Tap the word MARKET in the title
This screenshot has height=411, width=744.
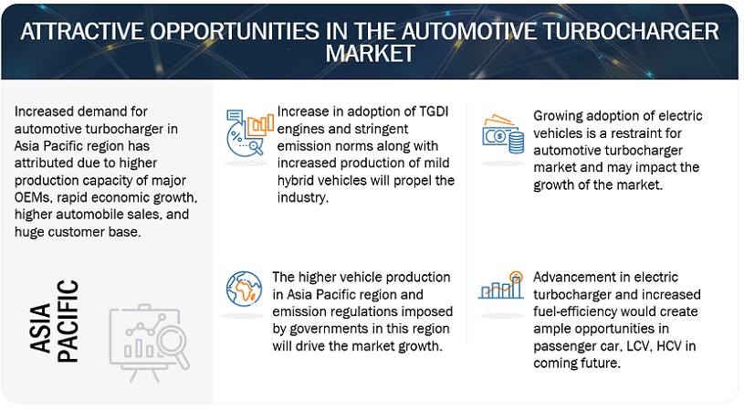(x=370, y=53)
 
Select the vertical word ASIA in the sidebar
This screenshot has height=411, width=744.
(x=40, y=328)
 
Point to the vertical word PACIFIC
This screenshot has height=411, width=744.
(x=68, y=321)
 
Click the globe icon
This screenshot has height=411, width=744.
(x=244, y=289)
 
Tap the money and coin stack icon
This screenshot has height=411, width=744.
(x=503, y=134)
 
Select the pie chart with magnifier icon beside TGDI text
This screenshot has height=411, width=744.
(x=249, y=132)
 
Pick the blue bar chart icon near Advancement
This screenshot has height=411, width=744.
(x=501, y=285)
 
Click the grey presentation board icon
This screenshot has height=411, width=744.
(x=149, y=342)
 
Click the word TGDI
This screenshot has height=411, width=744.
(x=434, y=111)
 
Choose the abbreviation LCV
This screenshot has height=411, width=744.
(x=637, y=346)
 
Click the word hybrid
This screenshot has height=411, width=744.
(x=295, y=181)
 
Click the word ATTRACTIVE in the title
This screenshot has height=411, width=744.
(x=82, y=32)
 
